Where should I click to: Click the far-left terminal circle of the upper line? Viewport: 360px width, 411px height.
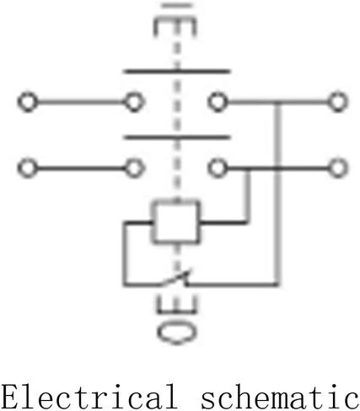28,102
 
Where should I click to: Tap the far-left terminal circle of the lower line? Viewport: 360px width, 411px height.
28,168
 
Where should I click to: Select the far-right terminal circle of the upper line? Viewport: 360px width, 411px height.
338,102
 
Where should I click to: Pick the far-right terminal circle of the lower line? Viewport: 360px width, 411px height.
338,168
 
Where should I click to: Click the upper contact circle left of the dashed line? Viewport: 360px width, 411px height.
134,102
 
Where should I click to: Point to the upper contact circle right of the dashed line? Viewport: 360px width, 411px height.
218,102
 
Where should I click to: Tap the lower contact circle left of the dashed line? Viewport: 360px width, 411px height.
134,168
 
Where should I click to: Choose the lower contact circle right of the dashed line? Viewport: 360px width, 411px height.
218,168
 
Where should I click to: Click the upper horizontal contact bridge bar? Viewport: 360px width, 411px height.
176,72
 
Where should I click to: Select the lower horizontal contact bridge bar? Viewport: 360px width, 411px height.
176,137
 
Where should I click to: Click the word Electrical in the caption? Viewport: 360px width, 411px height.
89,397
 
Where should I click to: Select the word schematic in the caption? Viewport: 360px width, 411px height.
280,397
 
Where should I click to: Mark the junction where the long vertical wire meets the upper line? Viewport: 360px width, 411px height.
277,102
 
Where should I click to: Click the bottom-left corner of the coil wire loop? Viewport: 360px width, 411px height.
125,285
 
